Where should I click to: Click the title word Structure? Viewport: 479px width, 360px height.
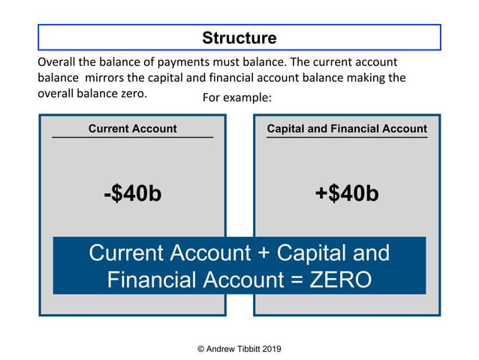pos(239,38)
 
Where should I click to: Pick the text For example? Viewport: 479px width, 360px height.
pos(236,98)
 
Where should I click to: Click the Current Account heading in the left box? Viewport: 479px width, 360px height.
pos(132,129)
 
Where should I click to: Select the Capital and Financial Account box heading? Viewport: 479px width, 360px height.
pos(347,129)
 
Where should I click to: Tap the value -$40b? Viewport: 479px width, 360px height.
pos(132,194)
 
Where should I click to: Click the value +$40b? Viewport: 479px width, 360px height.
pos(347,194)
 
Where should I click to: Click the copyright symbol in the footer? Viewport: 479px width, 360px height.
pos(200,349)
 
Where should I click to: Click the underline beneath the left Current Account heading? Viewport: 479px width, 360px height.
pos(132,138)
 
